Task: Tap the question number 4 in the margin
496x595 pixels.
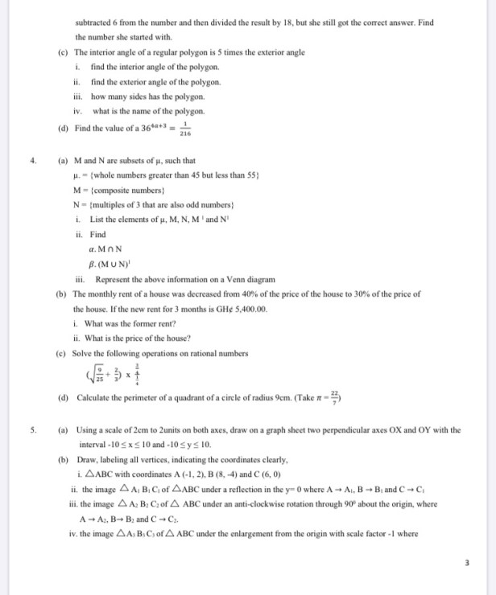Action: click(33, 160)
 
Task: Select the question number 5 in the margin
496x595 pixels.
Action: click(33, 429)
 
